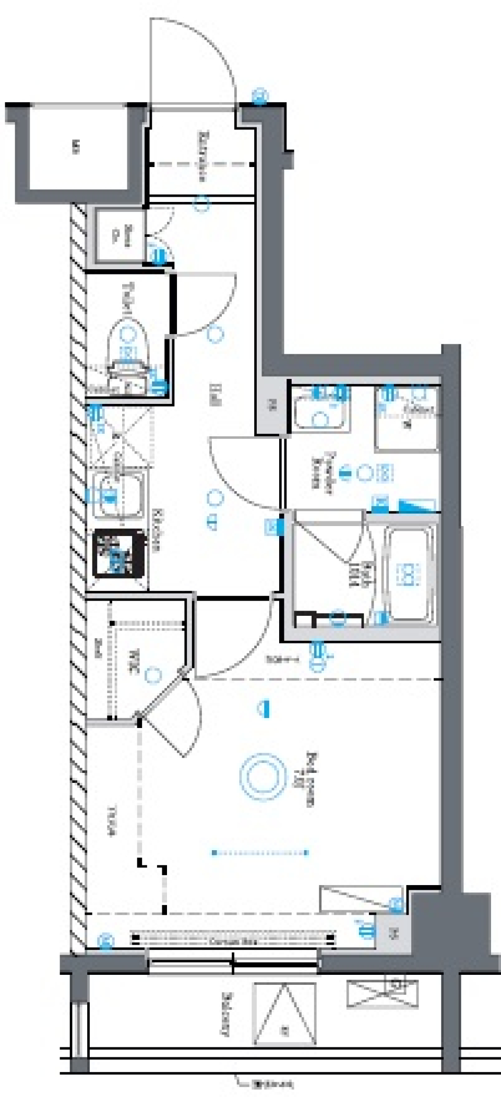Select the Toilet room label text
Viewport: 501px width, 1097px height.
tap(127, 297)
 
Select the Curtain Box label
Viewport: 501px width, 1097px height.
tap(232, 942)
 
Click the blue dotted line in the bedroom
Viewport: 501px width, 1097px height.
tap(260, 853)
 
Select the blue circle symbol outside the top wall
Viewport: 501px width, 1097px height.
tap(260, 96)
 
